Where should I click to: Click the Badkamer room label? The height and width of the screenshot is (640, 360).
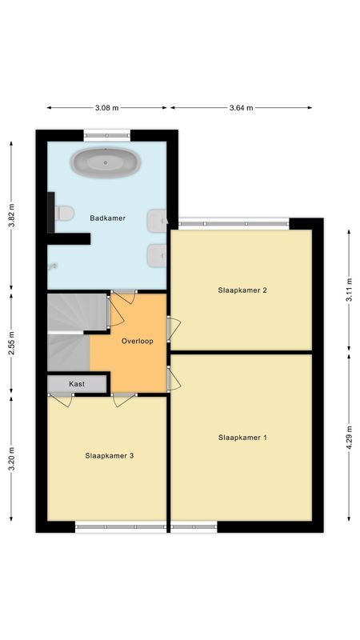(107, 218)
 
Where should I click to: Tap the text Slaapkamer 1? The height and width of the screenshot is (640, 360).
(242, 438)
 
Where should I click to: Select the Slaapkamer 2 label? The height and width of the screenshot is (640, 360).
(242, 290)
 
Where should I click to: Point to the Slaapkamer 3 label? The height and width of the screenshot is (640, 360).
(109, 455)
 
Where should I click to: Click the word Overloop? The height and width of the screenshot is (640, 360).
(137, 341)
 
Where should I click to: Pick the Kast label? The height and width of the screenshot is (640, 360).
(77, 384)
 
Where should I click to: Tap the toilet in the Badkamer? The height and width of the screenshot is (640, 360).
(64, 213)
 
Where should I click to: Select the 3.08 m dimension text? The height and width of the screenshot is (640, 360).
(106, 107)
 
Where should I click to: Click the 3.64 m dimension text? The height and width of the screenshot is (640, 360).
(241, 107)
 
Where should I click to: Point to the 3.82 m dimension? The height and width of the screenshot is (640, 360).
(11, 214)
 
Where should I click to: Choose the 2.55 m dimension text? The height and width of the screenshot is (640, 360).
(11, 344)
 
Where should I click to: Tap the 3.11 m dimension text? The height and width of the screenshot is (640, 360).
(349, 286)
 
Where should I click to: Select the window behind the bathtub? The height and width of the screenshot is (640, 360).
(107, 135)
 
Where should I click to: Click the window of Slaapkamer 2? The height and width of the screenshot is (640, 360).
(234, 223)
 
